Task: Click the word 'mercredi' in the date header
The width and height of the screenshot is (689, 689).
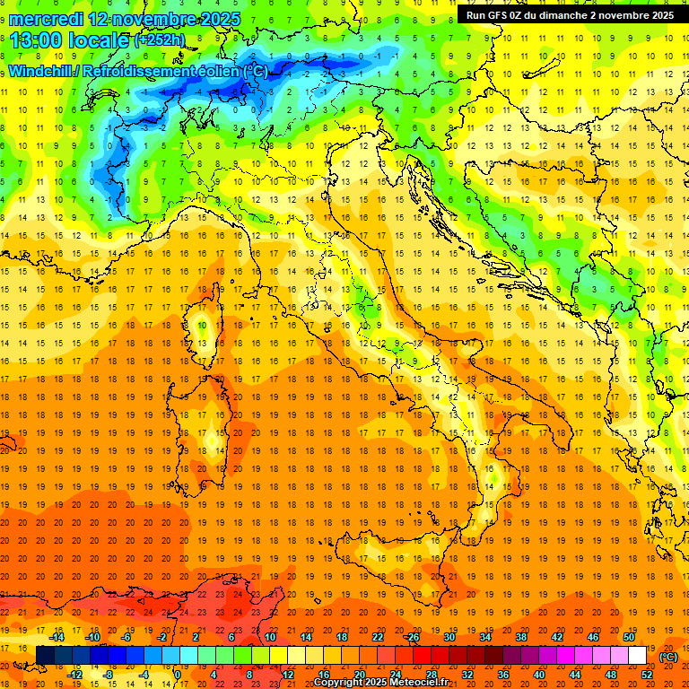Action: tap(48, 18)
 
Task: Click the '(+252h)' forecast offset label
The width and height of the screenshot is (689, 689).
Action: tap(161, 40)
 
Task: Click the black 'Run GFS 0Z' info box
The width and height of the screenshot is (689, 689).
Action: tap(570, 15)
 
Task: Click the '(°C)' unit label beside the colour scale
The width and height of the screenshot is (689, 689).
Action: tap(668, 657)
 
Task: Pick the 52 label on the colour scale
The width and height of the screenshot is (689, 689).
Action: tap(648, 674)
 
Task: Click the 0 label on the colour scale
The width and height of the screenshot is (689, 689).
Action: tap(177, 674)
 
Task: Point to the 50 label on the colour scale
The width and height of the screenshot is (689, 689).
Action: tap(629, 636)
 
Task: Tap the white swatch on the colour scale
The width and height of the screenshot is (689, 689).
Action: tap(638, 655)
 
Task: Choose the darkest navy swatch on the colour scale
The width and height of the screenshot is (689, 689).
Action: tap(45, 655)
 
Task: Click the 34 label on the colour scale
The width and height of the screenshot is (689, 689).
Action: tap(485, 636)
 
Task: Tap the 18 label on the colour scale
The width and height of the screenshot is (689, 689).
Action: tap(341, 636)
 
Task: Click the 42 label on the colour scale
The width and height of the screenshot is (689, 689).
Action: tap(557, 636)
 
